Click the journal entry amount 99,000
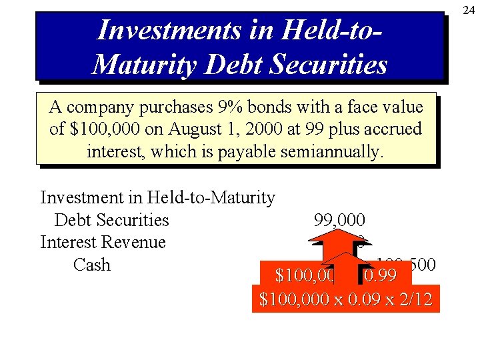pos(339,220)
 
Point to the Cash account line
pos(91,265)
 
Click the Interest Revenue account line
pos(103,242)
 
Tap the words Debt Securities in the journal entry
pos(111,220)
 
